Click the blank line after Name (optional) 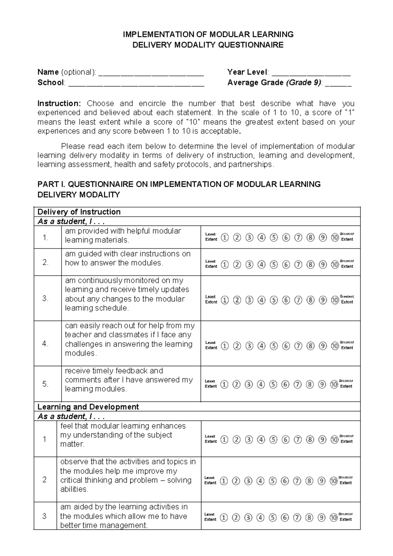point(151,73)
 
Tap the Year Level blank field point(311,73)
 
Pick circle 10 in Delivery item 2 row point(335,264)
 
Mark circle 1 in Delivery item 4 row point(225,346)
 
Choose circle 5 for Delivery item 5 point(273,384)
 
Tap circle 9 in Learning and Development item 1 point(322,439)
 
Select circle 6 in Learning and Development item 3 point(285,518)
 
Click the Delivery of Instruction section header point(79,212)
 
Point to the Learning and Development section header point(88,407)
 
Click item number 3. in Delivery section point(46,299)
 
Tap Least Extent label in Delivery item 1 point(211,237)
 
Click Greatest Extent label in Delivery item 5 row point(346,384)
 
